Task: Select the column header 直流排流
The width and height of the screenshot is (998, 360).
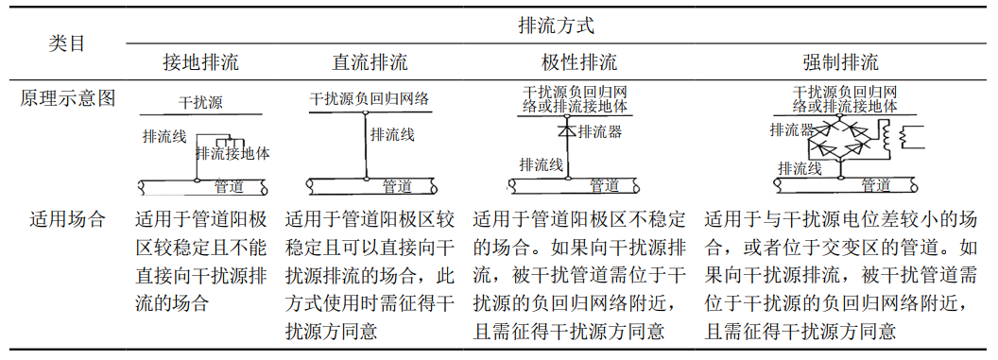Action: tap(370, 63)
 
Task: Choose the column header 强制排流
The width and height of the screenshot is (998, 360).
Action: tap(840, 63)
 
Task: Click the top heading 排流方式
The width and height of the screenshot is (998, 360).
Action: tap(557, 26)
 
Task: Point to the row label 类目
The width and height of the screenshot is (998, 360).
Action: tap(67, 43)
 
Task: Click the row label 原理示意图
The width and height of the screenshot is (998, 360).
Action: tap(67, 98)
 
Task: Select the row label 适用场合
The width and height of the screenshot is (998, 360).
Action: tap(67, 220)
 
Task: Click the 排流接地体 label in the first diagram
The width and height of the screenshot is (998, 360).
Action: tap(233, 153)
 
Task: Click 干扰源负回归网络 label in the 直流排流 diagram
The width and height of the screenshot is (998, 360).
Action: tap(370, 98)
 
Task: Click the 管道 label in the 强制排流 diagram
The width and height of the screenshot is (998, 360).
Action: tap(875, 185)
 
